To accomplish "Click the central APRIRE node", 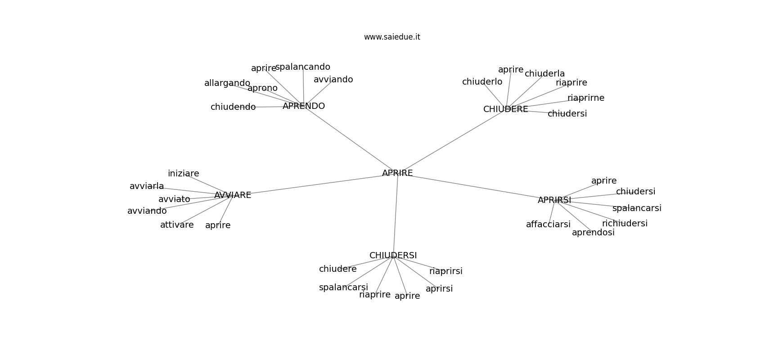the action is [x=397, y=173].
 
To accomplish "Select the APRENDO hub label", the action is [x=304, y=106].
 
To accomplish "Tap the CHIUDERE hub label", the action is [x=505, y=109].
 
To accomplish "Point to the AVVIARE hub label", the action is [x=233, y=195].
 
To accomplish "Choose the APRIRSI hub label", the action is [x=554, y=200].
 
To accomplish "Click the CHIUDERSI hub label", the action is [x=393, y=256].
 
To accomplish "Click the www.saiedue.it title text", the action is [x=392, y=37].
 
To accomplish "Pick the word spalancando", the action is [x=302, y=67].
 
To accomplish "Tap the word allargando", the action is [x=227, y=83].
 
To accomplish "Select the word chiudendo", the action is [x=233, y=107].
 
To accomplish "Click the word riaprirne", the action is [x=586, y=98].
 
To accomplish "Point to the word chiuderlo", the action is [x=482, y=82].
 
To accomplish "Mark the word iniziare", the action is [x=184, y=174].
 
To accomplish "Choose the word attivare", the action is [x=177, y=225].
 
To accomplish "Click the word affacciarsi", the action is [x=548, y=225].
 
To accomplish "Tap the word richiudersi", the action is [x=625, y=223].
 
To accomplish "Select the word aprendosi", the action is [x=593, y=233].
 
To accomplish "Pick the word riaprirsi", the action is [x=445, y=271].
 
